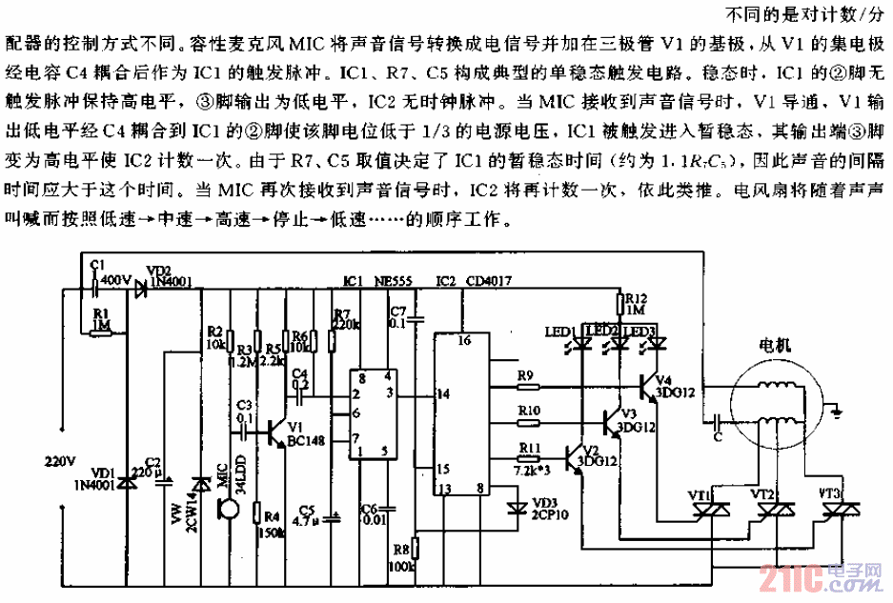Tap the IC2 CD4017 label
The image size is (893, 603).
pyautogui.click(x=467, y=283)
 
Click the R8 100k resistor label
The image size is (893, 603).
pyautogui.click(x=401, y=558)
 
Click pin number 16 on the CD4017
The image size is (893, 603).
pyautogui.click(x=465, y=340)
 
